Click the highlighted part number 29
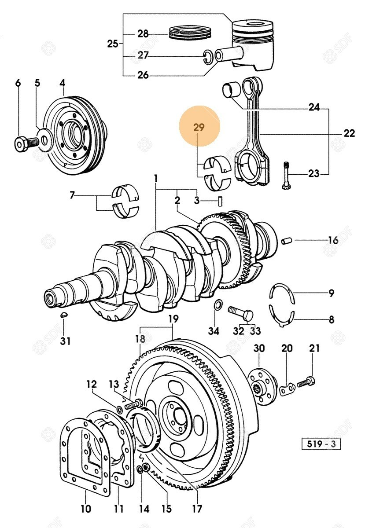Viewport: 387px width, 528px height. [x=199, y=128]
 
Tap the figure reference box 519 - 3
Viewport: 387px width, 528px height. [x=321, y=444]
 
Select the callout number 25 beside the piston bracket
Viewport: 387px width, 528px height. [x=113, y=44]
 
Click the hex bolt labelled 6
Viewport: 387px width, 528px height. [x=23, y=143]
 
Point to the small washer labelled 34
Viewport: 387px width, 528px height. [x=217, y=305]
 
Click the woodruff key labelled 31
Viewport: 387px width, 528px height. [x=63, y=315]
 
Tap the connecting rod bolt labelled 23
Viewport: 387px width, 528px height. [x=286, y=175]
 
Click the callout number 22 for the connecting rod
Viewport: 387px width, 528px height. [x=349, y=133]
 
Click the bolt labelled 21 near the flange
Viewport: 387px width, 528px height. [x=306, y=382]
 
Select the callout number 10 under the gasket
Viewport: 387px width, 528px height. [x=86, y=510]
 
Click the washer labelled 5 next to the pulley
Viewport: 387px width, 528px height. [x=44, y=141]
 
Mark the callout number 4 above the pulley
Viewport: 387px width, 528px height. [x=63, y=82]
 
